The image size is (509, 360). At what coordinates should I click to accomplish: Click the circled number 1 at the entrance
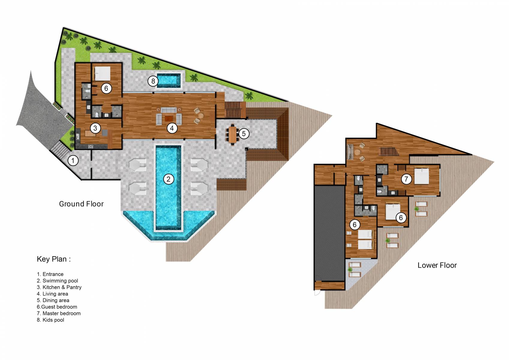click(x=73, y=160)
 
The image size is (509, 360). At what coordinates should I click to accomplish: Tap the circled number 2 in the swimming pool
click(x=169, y=179)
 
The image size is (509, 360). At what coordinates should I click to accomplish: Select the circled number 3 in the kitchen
click(x=95, y=128)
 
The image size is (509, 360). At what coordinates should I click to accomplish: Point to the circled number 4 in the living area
click(x=172, y=128)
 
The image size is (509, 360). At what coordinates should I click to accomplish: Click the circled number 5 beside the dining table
click(x=244, y=133)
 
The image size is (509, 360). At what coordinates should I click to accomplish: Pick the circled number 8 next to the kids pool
click(x=153, y=81)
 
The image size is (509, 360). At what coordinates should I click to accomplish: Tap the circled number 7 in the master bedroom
click(x=406, y=179)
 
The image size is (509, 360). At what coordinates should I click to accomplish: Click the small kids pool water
click(x=169, y=80)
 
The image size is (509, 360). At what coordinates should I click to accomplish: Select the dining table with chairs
click(x=232, y=134)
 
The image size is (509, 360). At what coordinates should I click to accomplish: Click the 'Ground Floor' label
click(x=81, y=204)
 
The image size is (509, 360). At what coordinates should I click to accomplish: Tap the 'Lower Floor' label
click(x=437, y=265)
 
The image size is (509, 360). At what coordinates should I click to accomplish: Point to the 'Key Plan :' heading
click(x=54, y=259)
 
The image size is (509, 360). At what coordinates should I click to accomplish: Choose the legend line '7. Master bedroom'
click(x=59, y=313)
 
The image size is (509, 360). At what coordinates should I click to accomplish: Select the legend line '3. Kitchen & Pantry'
click(x=59, y=287)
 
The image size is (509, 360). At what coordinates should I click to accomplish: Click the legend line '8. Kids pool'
click(x=50, y=320)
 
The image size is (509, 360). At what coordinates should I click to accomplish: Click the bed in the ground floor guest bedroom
click(x=102, y=73)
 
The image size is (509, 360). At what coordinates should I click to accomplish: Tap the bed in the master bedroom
click(x=422, y=176)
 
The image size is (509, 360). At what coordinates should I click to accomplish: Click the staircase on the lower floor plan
click(x=389, y=151)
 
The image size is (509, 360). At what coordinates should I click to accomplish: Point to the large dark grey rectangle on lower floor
click(x=329, y=232)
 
